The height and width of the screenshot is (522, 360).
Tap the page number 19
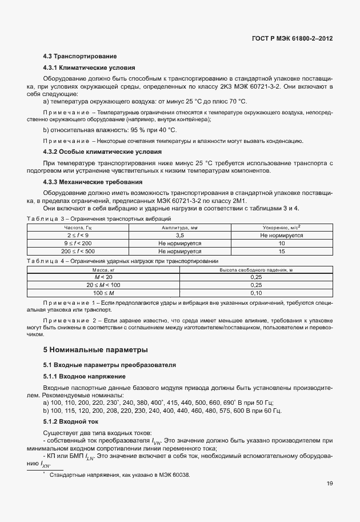click(330, 484)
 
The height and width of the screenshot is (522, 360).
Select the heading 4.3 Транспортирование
click(80, 57)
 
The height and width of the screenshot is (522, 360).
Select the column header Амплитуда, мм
click(179, 228)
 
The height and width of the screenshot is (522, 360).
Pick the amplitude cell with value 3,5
click(179, 235)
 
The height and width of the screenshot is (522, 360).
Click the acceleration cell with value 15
click(281, 250)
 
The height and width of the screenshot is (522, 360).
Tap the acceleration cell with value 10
click(281, 243)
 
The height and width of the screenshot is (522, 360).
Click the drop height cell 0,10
click(255, 292)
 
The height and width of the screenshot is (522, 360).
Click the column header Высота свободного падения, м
click(255, 269)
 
